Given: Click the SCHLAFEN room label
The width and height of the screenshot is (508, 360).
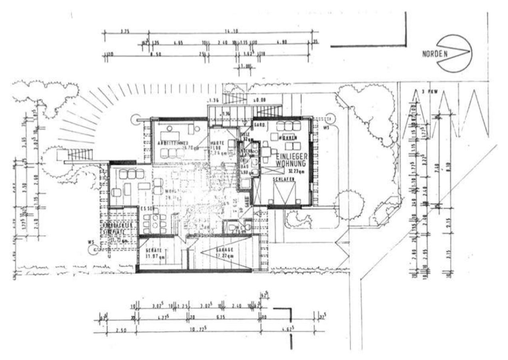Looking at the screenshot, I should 284,180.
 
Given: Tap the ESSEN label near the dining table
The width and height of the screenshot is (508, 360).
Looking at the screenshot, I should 147,209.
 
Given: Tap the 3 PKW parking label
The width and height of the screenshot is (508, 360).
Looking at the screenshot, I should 430,92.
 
